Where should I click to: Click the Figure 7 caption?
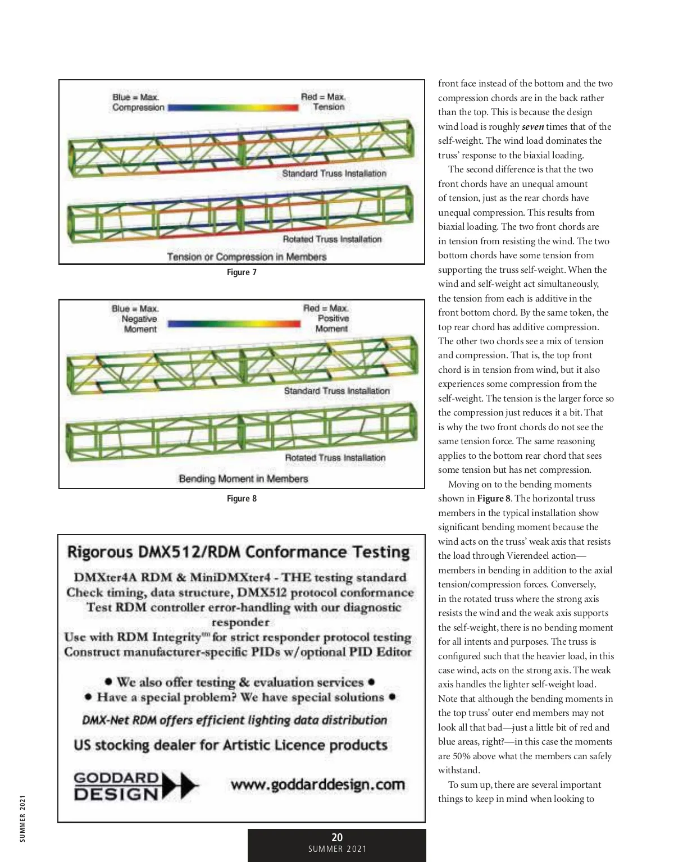(x=242, y=272)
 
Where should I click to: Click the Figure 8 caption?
(x=242, y=499)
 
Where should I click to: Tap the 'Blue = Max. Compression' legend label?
(x=138, y=102)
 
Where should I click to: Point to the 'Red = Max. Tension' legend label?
(x=324, y=102)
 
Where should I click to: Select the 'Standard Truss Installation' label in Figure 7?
(x=334, y=174)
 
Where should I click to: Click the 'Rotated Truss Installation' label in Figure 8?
(x=335, y=458)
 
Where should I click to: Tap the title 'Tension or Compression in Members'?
(x=247, y=257)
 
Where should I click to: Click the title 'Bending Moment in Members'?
(x=243, y=478)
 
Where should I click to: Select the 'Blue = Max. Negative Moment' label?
(x=136, y=318)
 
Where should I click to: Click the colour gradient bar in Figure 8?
(x=234, y=323)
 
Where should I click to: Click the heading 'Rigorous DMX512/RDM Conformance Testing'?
(x=239, y=552)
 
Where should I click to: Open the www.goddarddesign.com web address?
(x=317, y=785)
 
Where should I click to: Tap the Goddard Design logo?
(x=135, y=786)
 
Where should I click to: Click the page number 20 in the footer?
(x=337, y=837)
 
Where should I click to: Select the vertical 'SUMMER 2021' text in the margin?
(x=22, y=818)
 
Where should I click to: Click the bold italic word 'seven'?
(x=532, y=127)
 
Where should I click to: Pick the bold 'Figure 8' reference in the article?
(x=494, y=499)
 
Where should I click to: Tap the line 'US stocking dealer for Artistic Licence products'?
(x=230, y=745)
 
